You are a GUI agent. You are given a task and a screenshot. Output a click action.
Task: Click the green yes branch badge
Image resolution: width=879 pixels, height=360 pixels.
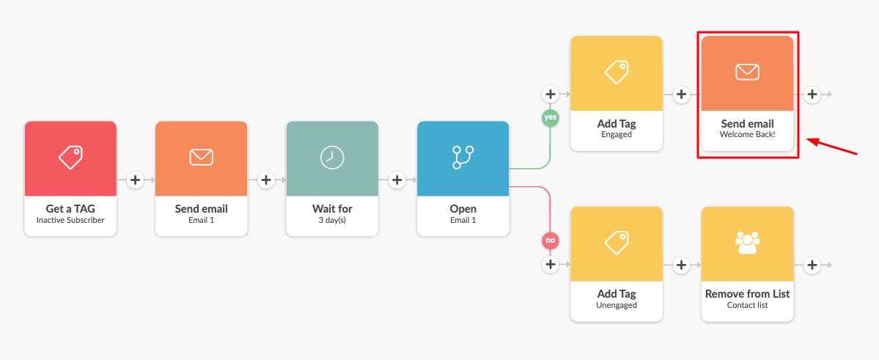550,117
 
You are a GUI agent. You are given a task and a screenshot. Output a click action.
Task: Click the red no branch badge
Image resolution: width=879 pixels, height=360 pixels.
550,240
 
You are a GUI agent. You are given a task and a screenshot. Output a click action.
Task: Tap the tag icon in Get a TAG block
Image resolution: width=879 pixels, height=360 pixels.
70,156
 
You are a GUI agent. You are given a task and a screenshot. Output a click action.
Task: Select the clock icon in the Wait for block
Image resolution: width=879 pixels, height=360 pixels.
332,157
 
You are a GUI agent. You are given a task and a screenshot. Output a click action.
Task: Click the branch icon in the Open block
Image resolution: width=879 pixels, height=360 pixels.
463,157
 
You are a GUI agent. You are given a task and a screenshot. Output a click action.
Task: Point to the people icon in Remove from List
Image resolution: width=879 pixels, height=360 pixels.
747,242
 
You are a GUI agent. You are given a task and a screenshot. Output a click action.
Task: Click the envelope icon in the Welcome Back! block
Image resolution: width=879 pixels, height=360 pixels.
747,72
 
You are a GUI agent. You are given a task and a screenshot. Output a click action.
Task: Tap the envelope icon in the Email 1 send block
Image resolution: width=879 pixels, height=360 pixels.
201,157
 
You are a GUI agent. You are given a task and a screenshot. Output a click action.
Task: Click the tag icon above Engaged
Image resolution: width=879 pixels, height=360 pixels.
617,72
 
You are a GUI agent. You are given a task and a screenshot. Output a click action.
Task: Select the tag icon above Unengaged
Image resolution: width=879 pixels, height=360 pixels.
617,242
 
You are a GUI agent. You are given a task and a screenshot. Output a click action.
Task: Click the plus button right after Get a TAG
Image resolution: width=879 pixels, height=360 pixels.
135,180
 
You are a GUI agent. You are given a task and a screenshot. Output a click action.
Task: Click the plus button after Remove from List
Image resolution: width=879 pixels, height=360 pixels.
812,265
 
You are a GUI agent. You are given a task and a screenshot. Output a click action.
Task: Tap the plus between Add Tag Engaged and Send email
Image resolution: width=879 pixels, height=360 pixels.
681,94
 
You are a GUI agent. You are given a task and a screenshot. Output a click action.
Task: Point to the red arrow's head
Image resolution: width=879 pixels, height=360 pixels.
807,139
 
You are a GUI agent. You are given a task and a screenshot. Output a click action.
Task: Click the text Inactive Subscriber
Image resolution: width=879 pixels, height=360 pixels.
70,220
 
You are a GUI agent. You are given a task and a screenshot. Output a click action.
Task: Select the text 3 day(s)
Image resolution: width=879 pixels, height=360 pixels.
332,220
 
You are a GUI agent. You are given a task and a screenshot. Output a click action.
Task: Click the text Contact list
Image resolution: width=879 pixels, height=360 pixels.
747,305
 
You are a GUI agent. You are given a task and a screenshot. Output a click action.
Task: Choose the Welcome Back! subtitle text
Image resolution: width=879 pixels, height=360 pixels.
747,135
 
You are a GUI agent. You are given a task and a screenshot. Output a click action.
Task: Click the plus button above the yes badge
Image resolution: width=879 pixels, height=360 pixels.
550,94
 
